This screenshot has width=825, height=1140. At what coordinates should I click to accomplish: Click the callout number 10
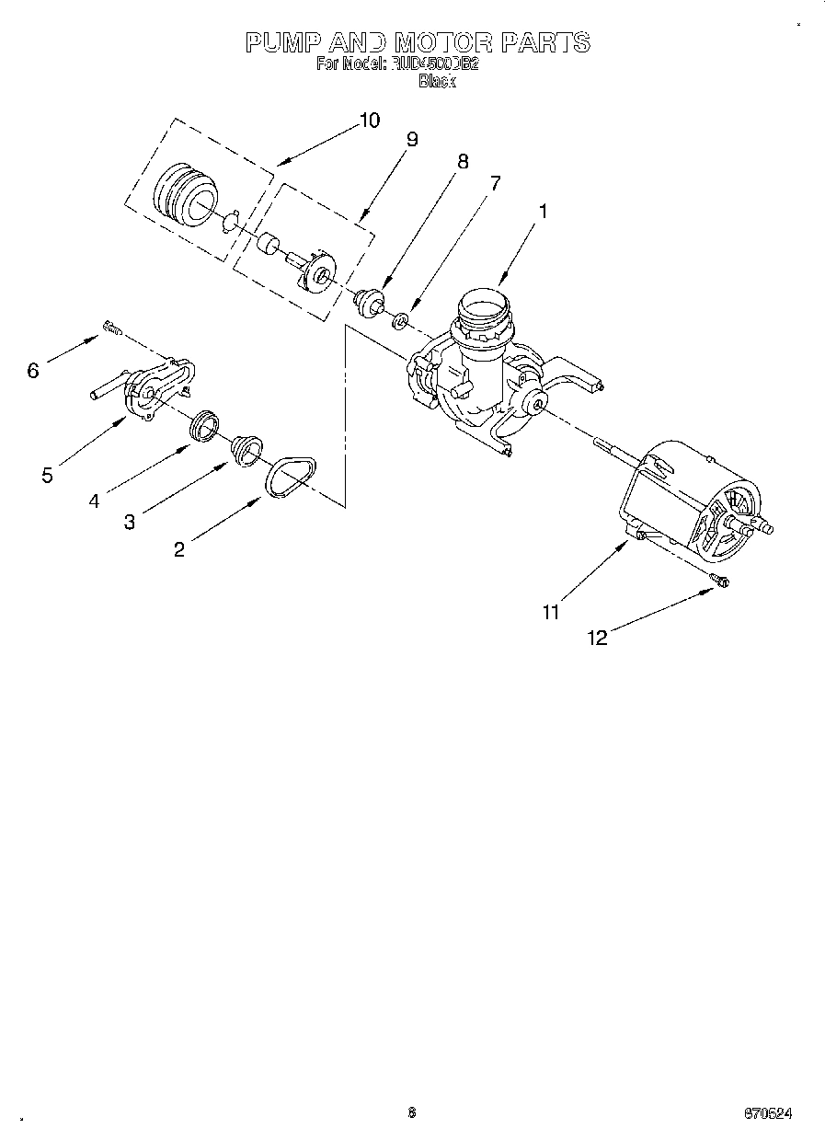pos(368,120)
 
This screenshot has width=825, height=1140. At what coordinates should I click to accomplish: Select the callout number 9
pos(411,139)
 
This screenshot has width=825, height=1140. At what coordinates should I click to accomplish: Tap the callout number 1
pos(543,211)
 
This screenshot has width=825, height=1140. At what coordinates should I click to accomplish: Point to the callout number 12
pos(597,638)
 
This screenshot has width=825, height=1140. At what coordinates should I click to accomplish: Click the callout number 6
pos(33,370)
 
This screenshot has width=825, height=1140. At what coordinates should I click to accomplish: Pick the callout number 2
pos(178,549)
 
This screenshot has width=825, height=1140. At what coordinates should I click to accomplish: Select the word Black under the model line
pos(437,81)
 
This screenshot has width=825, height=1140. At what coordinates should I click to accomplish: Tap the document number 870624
pos(767,1112)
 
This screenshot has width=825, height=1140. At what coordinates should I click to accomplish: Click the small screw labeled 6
pos(113,326)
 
